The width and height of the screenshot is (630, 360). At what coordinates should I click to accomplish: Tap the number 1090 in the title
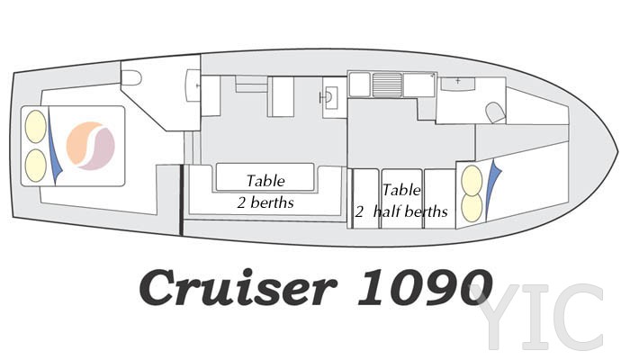425,287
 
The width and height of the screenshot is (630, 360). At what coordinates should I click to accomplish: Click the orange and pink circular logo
91,146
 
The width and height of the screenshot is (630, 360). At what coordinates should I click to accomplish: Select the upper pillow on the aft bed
36,126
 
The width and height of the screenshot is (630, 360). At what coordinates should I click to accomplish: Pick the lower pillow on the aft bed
36,165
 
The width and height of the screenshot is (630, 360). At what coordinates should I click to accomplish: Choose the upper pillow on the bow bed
472,180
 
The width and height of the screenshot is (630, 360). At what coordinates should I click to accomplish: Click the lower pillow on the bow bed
472,208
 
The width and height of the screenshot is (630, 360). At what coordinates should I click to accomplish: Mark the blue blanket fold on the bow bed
491,189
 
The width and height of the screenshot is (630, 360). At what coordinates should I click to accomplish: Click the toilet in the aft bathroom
131,78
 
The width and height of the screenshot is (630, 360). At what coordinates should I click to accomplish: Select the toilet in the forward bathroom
495,112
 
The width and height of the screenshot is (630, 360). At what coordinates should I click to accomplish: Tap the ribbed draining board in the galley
387,85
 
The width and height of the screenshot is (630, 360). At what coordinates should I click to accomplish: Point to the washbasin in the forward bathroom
458,84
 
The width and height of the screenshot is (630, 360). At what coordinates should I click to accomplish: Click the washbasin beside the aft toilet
193,85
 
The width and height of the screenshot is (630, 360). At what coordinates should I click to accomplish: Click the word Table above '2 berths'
265,181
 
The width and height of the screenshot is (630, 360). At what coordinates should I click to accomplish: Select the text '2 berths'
265,202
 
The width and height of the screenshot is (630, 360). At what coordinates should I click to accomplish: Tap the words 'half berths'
410,211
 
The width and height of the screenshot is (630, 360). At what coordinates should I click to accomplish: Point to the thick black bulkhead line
181,200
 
